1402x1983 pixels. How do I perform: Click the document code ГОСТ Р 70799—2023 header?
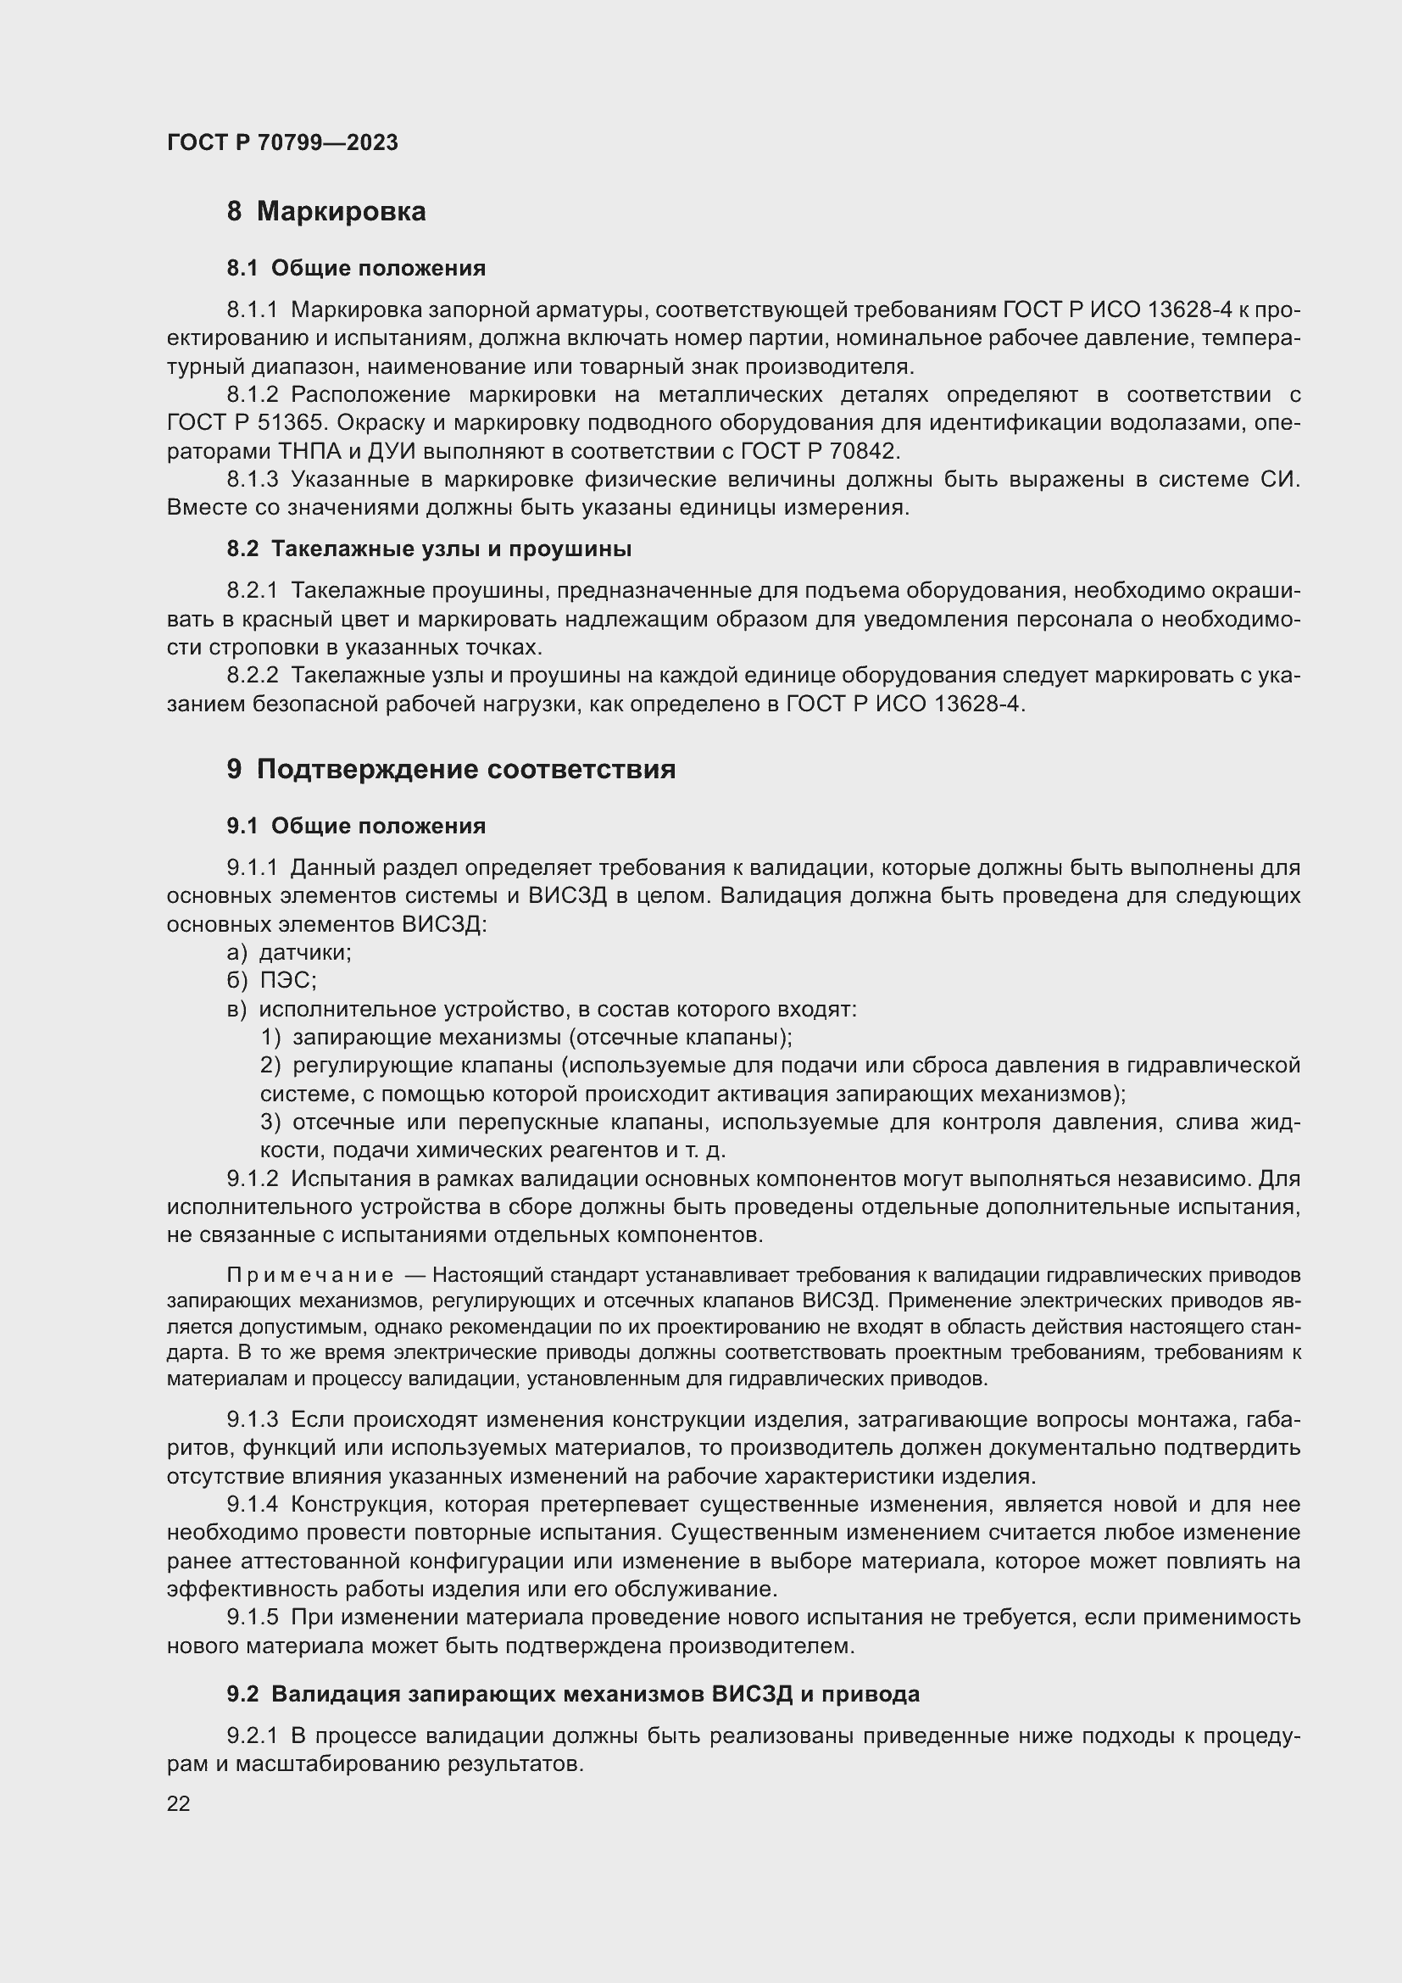point(282,142)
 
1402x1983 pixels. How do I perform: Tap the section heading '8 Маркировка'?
point(326,212)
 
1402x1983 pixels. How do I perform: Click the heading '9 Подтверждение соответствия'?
point(451,770)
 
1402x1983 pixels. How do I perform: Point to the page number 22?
point(179,1803)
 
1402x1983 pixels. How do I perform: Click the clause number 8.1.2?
point(252,396)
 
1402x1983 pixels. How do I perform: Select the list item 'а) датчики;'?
point(289,953)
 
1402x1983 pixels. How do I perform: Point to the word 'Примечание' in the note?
point(310,1276)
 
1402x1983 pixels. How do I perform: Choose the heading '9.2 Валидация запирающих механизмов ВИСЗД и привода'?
point(572,1695)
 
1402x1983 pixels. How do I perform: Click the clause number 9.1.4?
point(252,1505)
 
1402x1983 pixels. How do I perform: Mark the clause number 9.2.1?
point(252,1736)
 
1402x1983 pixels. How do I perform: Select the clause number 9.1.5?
point(252,1618)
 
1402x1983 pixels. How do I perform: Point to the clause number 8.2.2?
point(252,677)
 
